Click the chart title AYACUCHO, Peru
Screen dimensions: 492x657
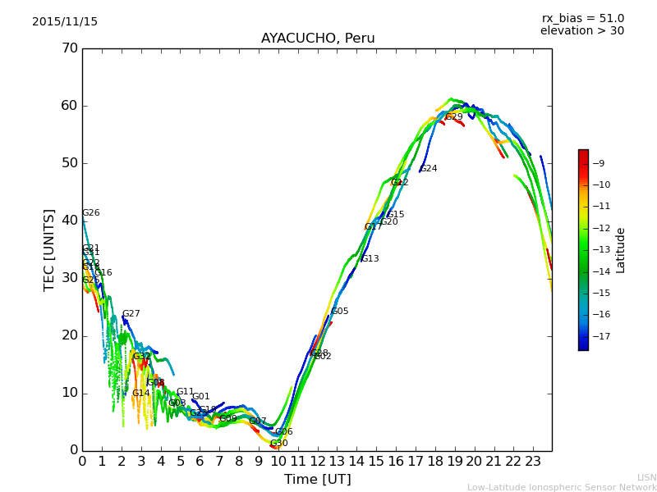point(318,39)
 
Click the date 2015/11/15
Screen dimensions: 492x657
point(65,22)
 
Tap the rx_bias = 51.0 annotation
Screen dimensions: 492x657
point(583,19)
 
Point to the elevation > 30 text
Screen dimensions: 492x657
point(582,31)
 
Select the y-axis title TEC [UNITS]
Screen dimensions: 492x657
point(49,249)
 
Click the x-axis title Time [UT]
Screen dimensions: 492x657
point(317,480)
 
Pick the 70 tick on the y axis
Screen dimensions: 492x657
point(69,48)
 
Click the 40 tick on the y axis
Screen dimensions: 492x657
point(69,221)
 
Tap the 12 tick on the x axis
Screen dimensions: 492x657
point(317,461)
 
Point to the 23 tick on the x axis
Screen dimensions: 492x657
point(532,461)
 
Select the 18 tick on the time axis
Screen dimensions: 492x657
point(434,461)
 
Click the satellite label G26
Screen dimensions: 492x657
point(90,213)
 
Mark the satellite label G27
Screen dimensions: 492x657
point(131,314)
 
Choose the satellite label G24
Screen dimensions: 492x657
point(428,169)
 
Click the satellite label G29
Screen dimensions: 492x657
point(453,117)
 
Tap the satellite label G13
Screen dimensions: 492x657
point(370,259)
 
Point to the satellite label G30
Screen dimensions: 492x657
point(278,444)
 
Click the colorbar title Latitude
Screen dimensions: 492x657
point(621,250)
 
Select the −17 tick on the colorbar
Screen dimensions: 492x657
point(599,336)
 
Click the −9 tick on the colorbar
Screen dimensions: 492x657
point(599,163)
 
